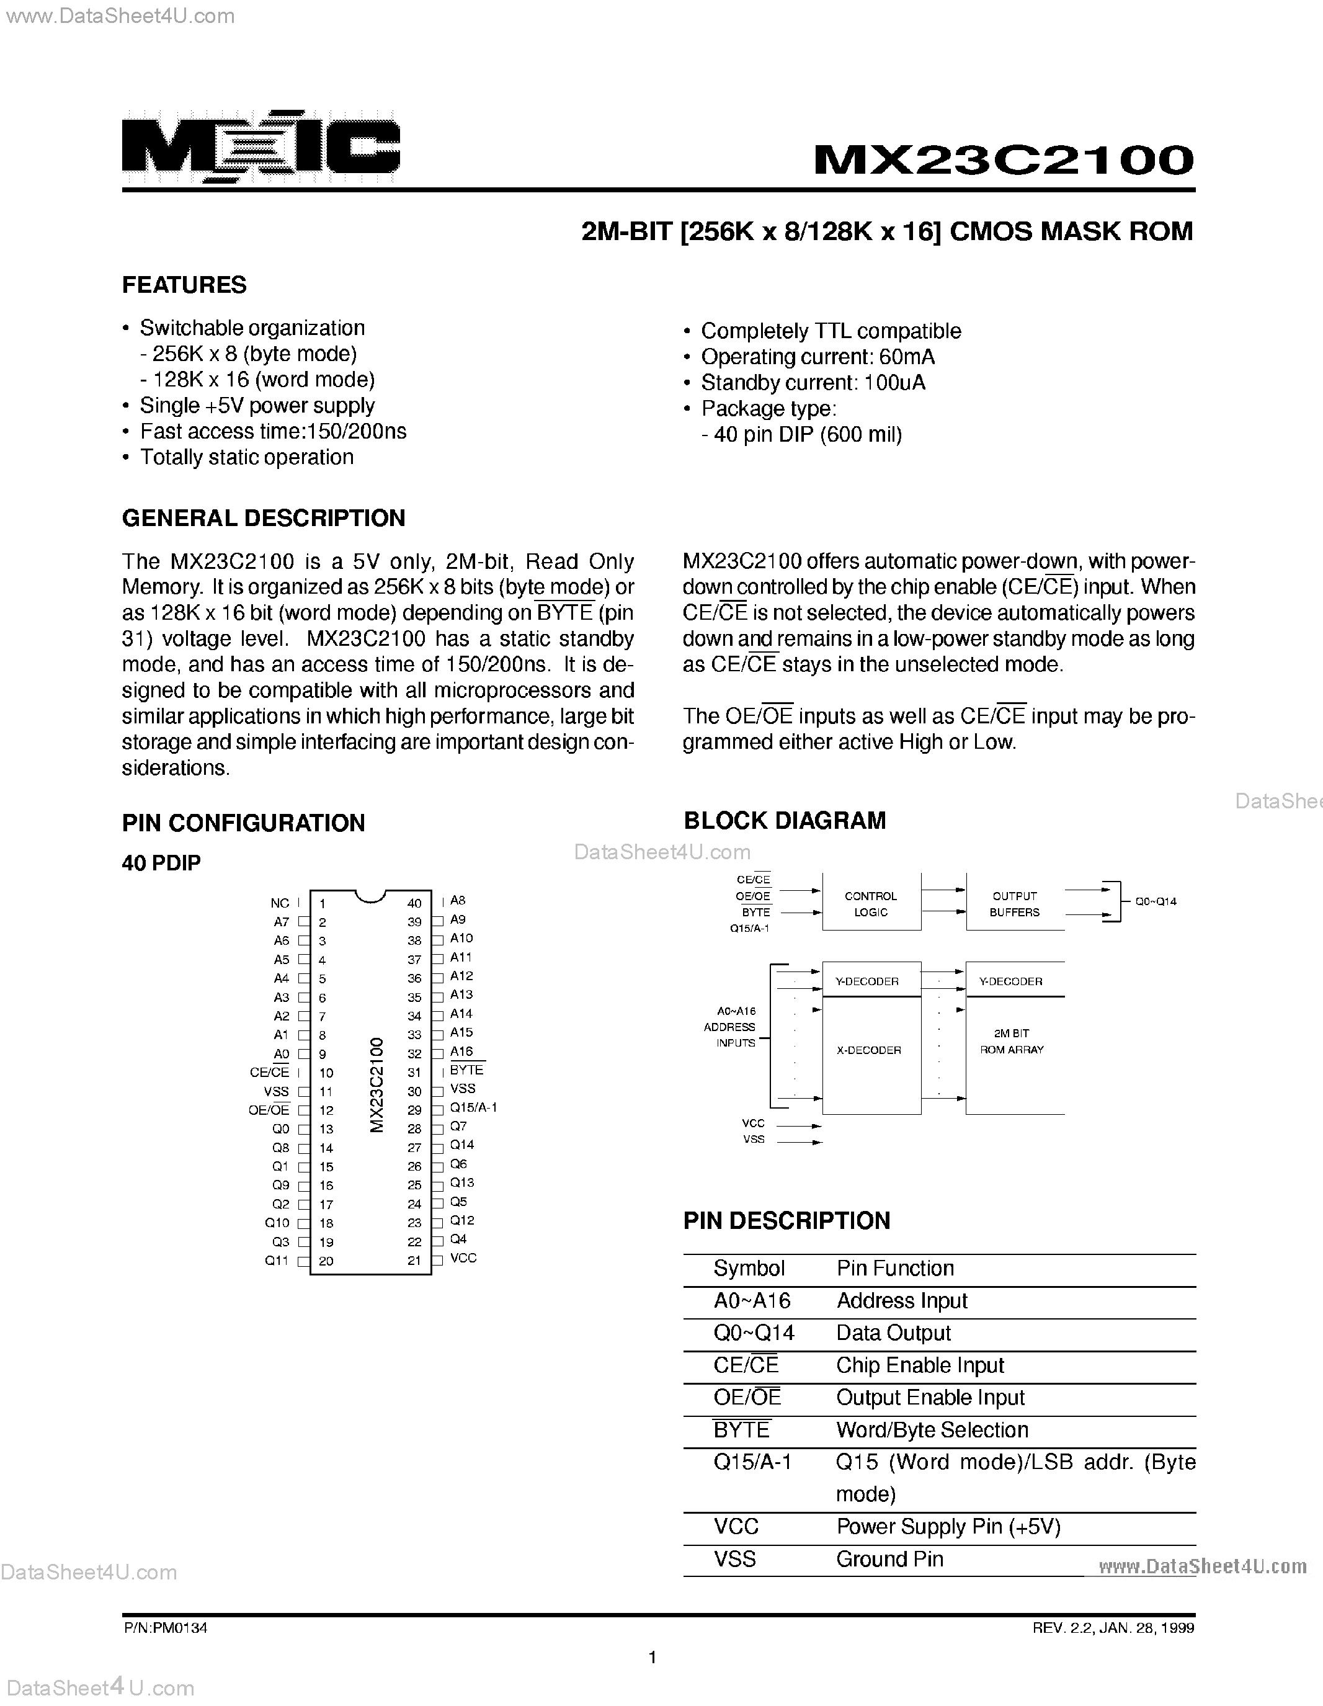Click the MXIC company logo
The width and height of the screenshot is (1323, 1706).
click(x=261, y=147)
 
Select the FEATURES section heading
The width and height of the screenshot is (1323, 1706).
click(x=184, y=285)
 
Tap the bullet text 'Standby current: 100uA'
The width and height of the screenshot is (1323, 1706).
click(x=813, y=383)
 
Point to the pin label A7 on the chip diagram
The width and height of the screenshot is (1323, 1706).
click(x=281, y=922)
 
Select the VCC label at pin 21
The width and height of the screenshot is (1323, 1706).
click(x=463, y=1257)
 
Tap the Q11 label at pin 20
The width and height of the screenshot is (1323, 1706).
click(x=277, y=1261)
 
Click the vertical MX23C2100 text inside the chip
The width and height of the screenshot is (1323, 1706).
click(x=376, y=1085)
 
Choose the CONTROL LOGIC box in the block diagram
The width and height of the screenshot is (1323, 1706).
click(x=871, y=904)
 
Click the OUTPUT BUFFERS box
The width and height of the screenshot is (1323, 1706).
click(x=1015, y=904)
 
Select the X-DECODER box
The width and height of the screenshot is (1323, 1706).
click(x=869, y=1051)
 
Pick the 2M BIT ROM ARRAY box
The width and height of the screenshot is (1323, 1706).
click(x=1012, y=1042)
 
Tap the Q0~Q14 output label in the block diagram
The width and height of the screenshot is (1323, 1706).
click(x=1155, y=901)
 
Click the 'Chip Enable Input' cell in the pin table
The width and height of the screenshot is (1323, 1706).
click(x=919, y=1365)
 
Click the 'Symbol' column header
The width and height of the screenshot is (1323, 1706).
click(x=748, y=1269)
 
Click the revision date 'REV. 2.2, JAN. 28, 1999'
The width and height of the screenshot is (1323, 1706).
click(x=1113, y=1628)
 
